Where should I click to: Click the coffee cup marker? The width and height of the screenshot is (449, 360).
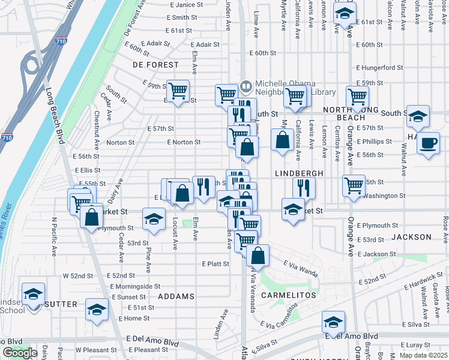428,143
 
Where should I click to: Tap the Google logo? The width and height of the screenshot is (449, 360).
20,353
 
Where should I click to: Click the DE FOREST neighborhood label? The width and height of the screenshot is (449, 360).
155,64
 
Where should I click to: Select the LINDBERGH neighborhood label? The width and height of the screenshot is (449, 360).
299,173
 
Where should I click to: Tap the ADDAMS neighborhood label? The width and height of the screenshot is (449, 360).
176,296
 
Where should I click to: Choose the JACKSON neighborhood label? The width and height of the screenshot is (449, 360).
411,237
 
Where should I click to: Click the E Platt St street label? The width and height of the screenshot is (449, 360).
215,263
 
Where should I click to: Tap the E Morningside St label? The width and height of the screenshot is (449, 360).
135,286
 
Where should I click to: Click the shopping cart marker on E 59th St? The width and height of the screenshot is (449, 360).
178,91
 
